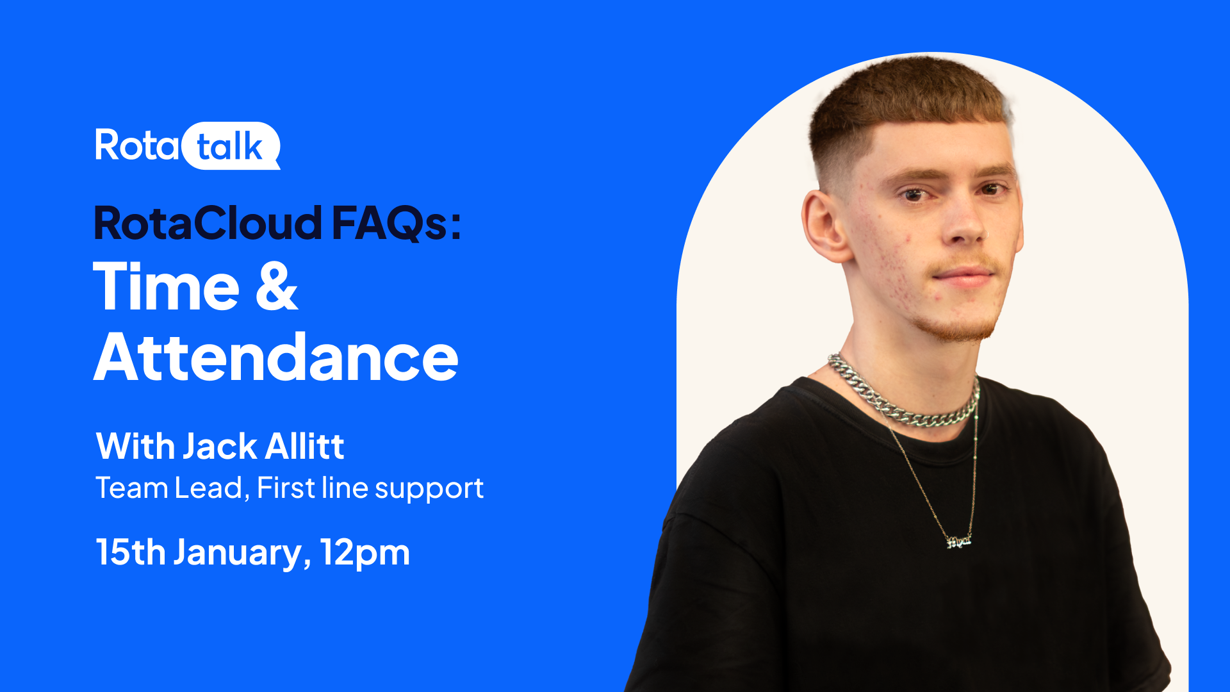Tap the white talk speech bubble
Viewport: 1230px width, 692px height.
tap(231, 146)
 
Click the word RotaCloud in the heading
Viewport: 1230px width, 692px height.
tap(208, 223)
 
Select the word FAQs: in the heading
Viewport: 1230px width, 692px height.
tap(397, 224)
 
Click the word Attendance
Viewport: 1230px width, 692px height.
tap(276, 356)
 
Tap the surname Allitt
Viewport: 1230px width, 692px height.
tap(305, 446)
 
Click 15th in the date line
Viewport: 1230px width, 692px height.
tap(131, 552)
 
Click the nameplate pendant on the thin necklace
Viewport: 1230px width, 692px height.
tap(959, 541)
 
